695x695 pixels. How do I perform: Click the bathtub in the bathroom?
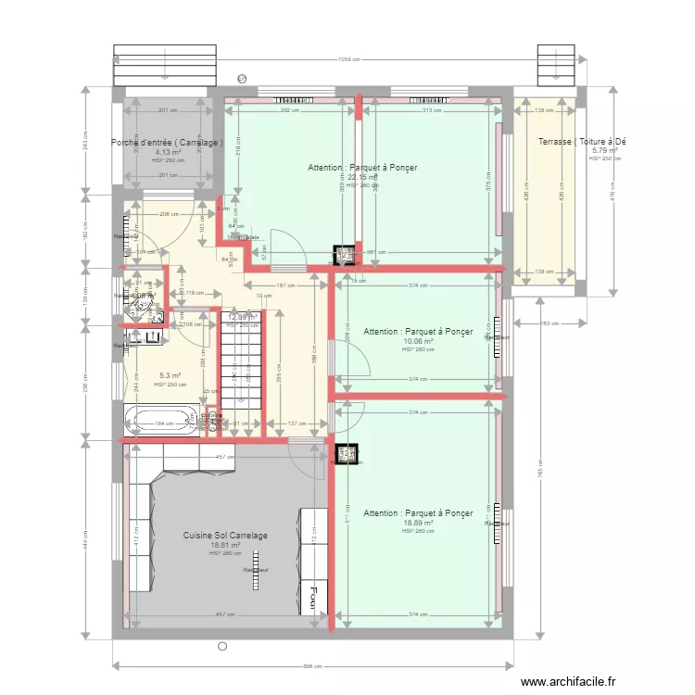[161, 421]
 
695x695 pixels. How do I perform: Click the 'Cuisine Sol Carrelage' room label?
[225, 536]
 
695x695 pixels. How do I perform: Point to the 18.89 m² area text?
[418, 523]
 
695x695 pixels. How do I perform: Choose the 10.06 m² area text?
[418, 341]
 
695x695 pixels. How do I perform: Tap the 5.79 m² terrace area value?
[604, 150]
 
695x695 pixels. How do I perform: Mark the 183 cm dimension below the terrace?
[550, 323]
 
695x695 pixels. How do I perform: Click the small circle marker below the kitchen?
[221, 646]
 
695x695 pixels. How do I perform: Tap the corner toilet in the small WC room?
[142, 302]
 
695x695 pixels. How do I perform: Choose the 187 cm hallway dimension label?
[278, 285]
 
